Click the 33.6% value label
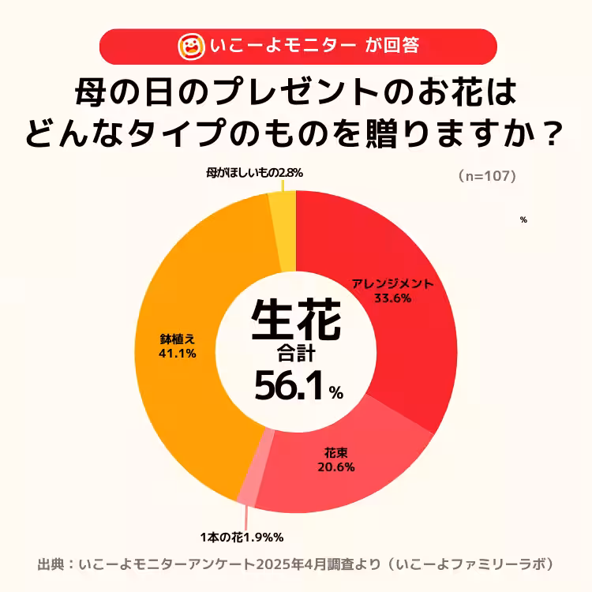coord(392,298)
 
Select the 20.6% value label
coord(335,466)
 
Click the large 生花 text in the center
coord(296,319)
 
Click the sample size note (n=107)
coord(487,177)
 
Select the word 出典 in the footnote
coord(52,564)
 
